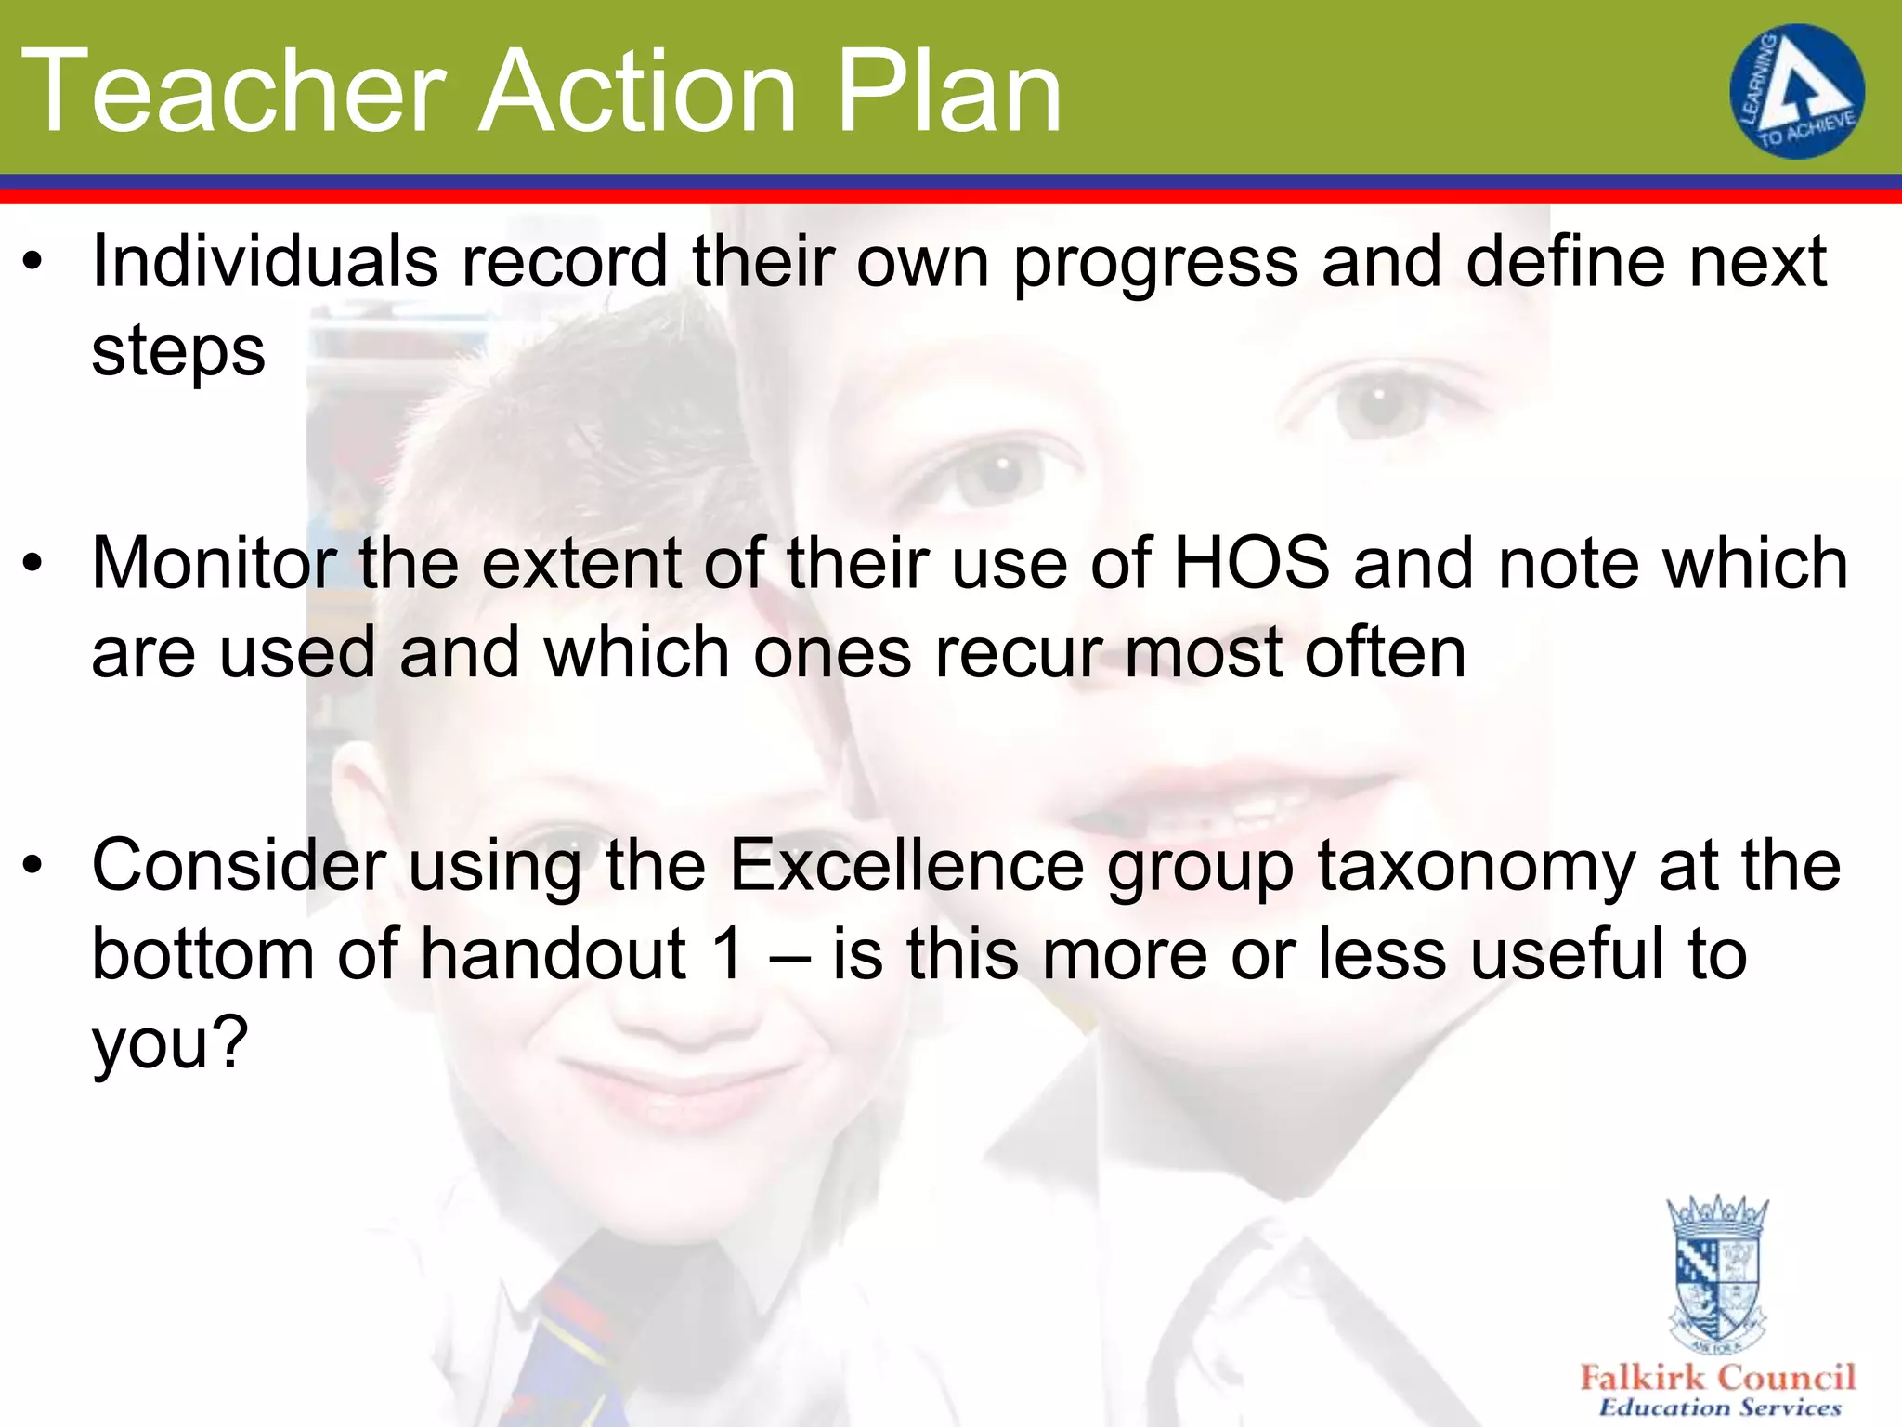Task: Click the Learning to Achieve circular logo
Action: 1796,91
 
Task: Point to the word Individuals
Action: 265,261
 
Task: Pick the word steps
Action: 178,353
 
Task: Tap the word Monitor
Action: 214,563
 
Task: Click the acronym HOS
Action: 1251,563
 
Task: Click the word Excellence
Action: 906,865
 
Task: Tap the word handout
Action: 553,954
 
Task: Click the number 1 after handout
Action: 726,954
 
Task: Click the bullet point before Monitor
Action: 33,564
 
